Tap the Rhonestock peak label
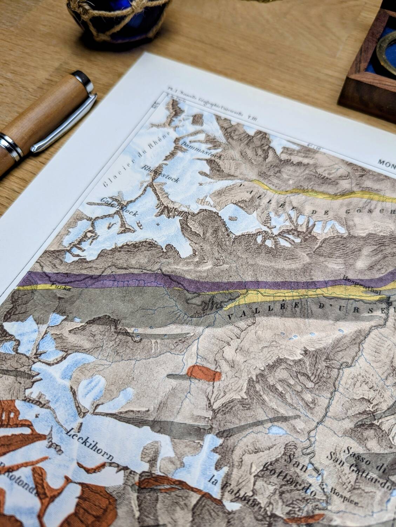coord(160,174)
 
